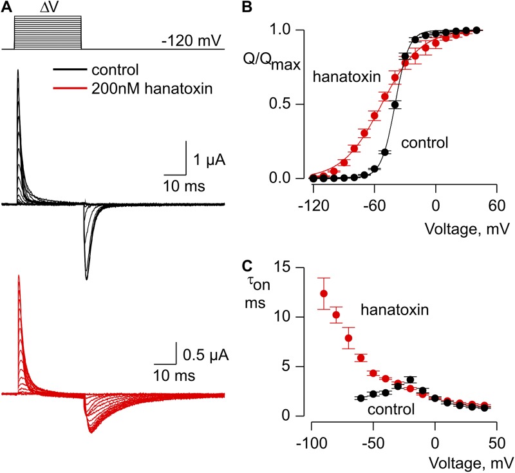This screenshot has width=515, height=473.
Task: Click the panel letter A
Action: [x=6, y=7]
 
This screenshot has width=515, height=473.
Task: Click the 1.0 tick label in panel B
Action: [x=295, y=30]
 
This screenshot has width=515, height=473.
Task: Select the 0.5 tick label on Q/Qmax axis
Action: [x=295, y=104]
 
